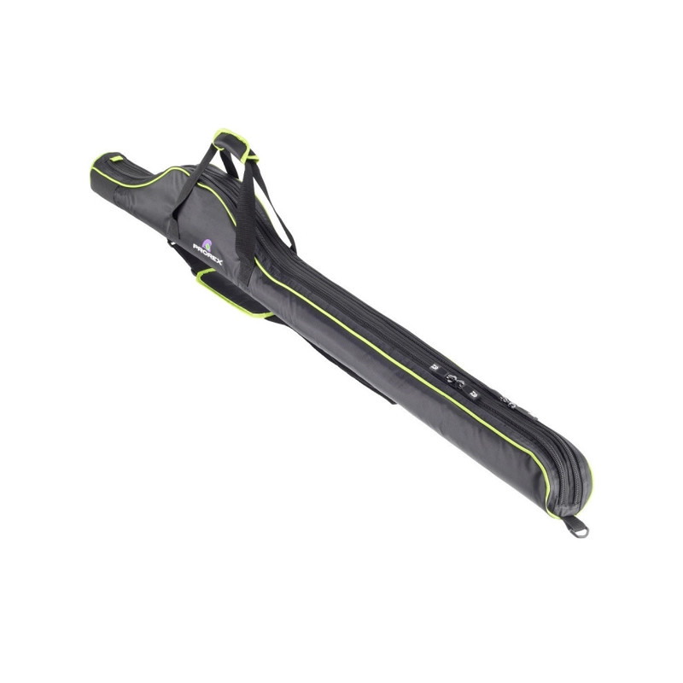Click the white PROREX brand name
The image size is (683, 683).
(x=207, y=254)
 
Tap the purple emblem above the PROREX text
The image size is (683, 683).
(x=207, y=244)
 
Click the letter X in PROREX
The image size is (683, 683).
(x=219, y=261)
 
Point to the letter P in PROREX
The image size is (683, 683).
(x=196, y=248)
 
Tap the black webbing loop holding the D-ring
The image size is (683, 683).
(x=569, y=522)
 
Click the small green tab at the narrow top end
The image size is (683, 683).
(x=116, y=159)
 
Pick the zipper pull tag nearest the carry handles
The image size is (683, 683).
(x=434, y=367)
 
